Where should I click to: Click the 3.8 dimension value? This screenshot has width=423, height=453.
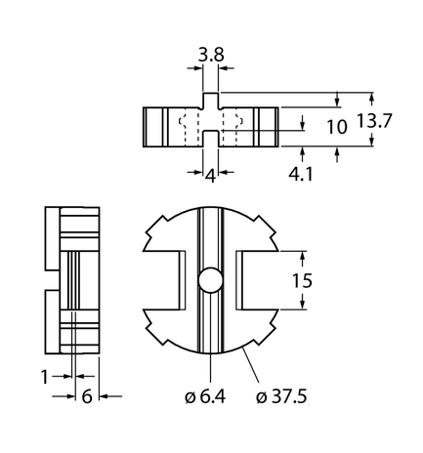coord(211,57)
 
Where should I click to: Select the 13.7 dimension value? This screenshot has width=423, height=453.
coord(390,121)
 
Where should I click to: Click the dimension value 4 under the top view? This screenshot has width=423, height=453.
coord(211,175)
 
